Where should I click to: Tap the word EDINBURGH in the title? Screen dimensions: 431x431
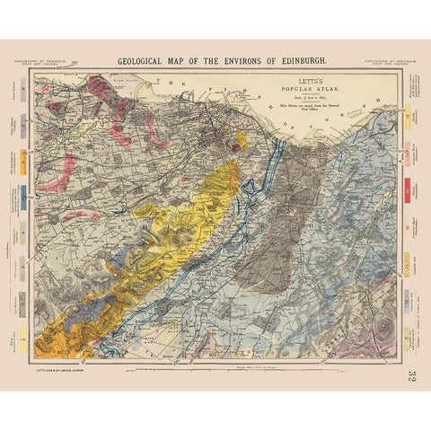[294, 61]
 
